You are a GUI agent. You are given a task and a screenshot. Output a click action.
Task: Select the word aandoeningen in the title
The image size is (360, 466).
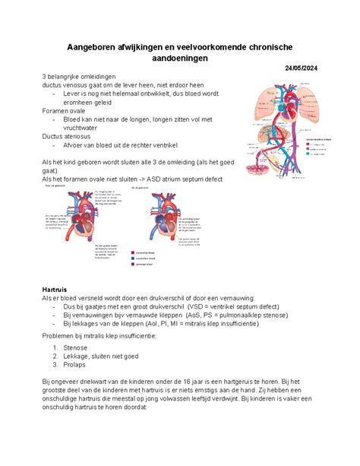click(179, 62)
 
